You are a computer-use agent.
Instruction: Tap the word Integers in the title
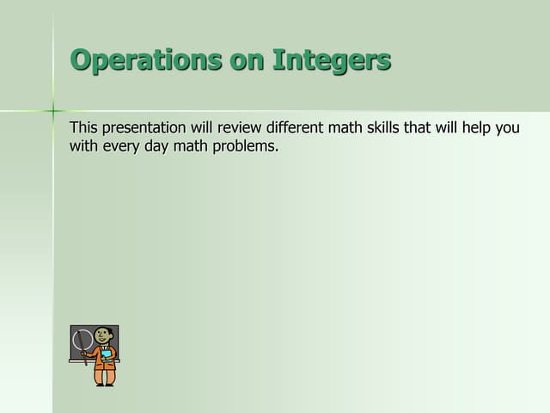click(x=332, y=60)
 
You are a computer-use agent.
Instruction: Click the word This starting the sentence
click(x=84, y=128)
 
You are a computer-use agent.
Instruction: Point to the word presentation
click(x=144, y=128)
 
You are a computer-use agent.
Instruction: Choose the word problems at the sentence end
click(x=247, y=146)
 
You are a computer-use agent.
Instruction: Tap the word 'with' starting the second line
click(x=84, y=146)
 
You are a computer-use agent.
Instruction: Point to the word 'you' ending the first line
click(x=507, y=128)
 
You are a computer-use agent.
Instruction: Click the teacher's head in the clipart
click(x=103, y=336)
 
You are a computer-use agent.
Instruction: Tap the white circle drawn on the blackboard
click(x=82, y=341)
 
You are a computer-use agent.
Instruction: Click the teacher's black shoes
click(x=105, y=384)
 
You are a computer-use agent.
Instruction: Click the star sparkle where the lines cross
click(x=53, y=110)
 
